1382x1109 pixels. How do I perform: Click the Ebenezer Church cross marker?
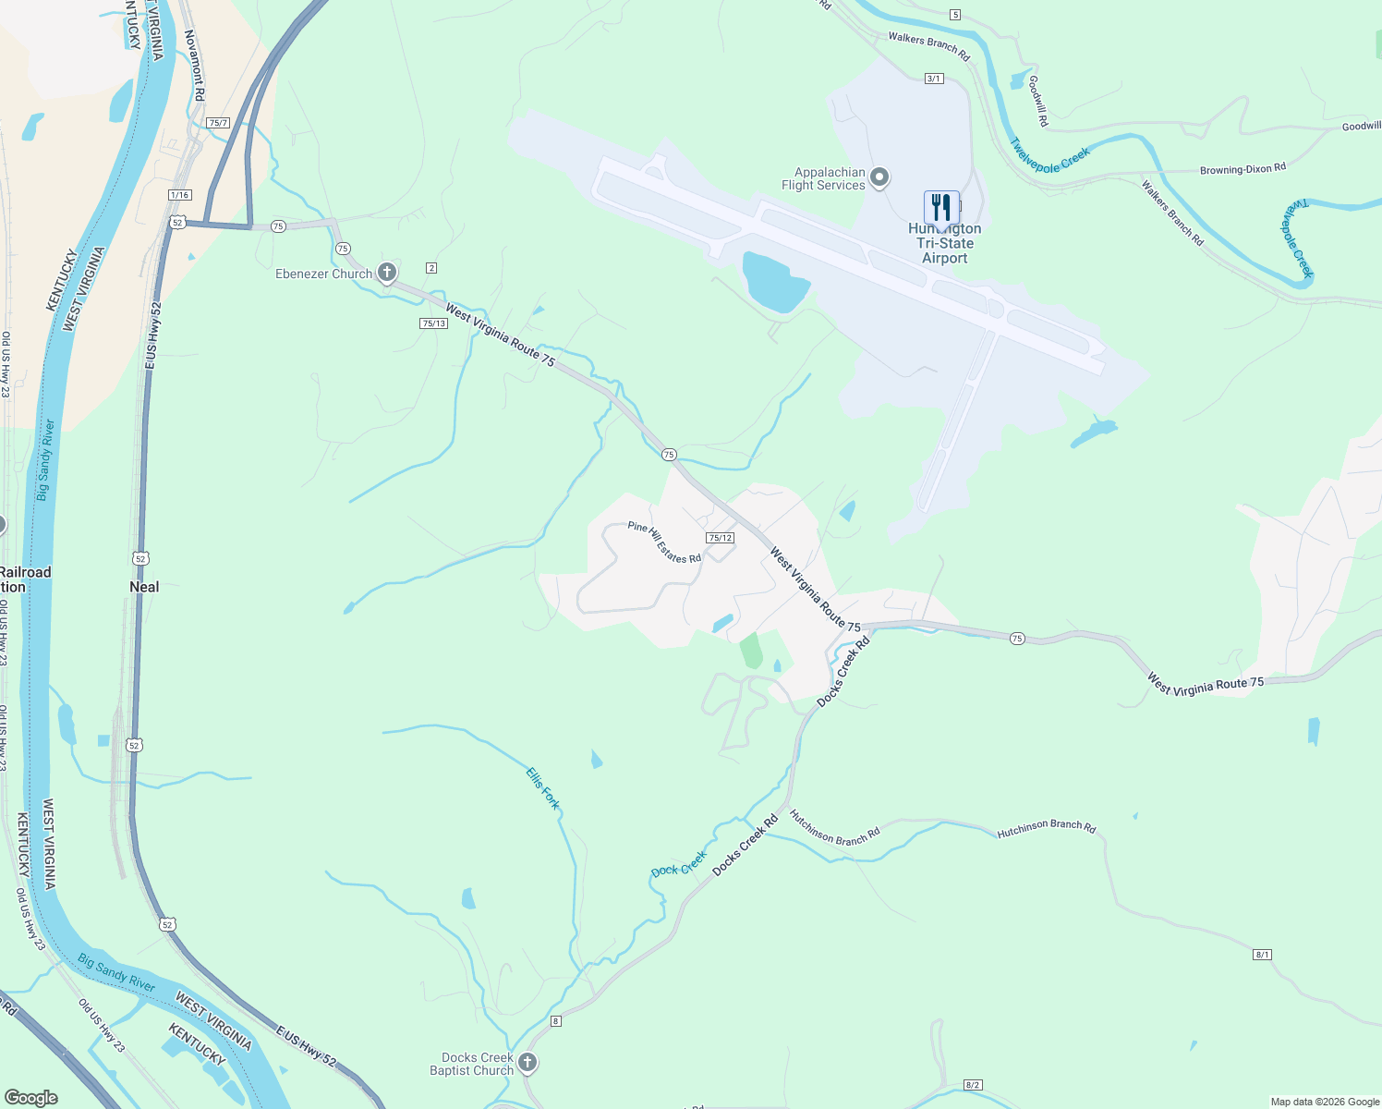click(x=387, y=273)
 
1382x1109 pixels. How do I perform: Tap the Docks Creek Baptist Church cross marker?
click(x=527, y=1063)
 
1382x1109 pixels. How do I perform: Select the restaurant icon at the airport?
click(x=941, y=208)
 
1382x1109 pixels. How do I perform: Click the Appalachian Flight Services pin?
click(x=880, y=177)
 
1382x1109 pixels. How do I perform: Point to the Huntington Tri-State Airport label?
click(x=945, y=244)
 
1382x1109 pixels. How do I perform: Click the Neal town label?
click(x=144, y=587)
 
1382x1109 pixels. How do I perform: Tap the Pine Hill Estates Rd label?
click(x=664, y=542)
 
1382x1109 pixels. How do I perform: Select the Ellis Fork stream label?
click(x=543, y=788)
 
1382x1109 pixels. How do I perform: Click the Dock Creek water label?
click(x=679, y=865)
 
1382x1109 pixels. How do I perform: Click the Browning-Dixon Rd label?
click(x=1243, y=169)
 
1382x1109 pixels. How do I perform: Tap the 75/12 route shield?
click(x=720, y=538)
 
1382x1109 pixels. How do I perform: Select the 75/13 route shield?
click(x=433, y=323)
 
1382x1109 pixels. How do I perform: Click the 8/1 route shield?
click(x=1263, y=955)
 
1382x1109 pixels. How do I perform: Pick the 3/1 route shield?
click(x=934, y=79)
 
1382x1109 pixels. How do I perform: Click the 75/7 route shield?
click(x=218, y=123)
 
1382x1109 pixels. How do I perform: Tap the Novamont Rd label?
click(x=194, y=65)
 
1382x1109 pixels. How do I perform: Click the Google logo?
click(x=31, y=1098)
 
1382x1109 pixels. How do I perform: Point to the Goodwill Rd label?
click(x=1037, y=101)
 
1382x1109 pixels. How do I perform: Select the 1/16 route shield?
click(x=180, y=195)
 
